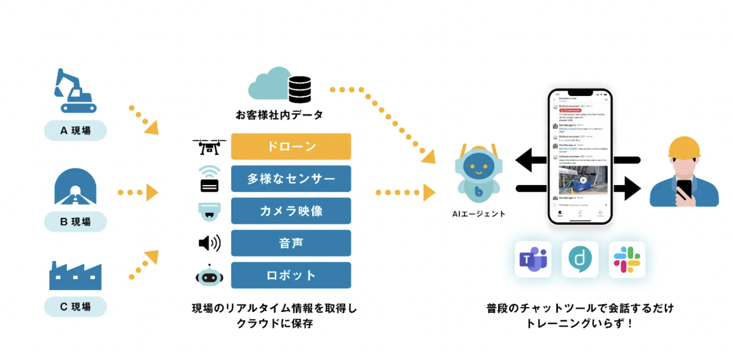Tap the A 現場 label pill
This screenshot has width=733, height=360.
coord(75,131)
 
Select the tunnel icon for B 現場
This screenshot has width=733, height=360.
coord(75,187)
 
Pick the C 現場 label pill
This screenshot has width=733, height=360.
coord(75,307)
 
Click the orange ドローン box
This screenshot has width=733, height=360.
coord(291,147)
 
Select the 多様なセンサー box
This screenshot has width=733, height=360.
coord(291,179)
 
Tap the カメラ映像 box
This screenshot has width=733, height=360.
coord(291,211)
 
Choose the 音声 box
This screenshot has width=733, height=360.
coord(291,243)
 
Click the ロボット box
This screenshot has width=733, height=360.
coord(291,275)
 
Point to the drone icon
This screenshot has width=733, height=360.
coord(209,147)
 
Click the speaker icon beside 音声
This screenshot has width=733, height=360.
coord(209,243)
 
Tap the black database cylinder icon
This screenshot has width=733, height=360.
coord(300,90)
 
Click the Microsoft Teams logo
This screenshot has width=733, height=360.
coord(533,259)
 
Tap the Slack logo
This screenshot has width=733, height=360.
coord(627,259)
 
